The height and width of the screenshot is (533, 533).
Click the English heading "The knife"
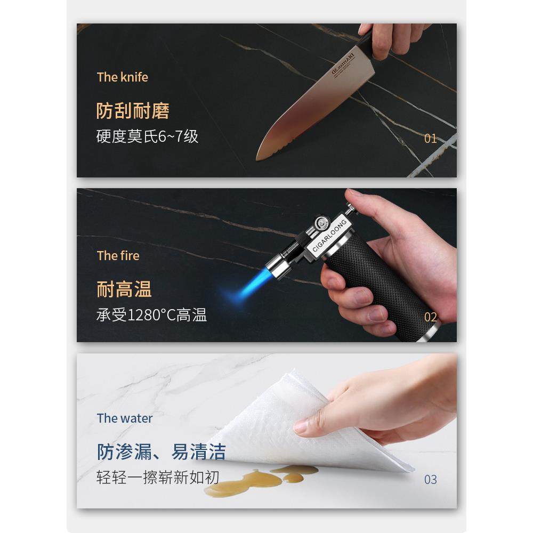[122, 77]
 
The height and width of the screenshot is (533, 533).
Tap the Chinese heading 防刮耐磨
[133, 111]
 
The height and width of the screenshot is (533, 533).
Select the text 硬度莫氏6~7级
[147, 136]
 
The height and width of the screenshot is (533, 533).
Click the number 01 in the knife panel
[430, 139]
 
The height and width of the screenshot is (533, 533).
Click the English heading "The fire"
[118, 256]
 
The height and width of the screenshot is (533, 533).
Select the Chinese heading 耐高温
[124, 289]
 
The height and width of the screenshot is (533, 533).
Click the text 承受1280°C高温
[151, 315]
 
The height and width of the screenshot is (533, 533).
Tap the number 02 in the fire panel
[430, 317]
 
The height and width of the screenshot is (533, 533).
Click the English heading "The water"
[125, 418]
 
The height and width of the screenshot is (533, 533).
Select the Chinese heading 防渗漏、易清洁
[161, 452]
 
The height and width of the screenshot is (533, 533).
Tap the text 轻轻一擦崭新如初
[157, 477]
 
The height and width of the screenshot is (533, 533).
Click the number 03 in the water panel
[430, 480]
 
